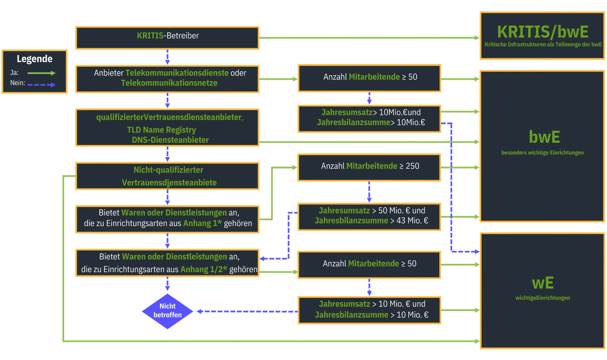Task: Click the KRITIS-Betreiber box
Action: coord(167,38)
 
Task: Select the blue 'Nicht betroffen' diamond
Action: coord(168,311)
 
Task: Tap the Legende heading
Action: coord(35,59)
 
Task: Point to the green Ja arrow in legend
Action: coord(42,73)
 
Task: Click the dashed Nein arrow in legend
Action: coord(42,85)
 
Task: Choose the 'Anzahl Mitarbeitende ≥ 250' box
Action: coord(369,167)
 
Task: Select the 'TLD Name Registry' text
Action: coord(161,130)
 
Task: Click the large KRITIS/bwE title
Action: coord(543,32)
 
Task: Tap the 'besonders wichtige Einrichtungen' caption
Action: coord(542,153)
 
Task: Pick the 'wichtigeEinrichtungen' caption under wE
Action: coord(543,298)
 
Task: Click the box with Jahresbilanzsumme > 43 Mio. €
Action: coord(369,217)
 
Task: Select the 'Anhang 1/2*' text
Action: coord(204,269)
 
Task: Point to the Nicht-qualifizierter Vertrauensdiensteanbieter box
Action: coord(167,176)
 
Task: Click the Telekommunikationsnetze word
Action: coord(169,83)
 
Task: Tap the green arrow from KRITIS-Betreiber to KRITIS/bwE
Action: coord(369,38)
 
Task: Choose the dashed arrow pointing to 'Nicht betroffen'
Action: coord(247,311)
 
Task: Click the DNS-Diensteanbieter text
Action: coord(170,140)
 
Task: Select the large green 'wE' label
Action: coord(543,283)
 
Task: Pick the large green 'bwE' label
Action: coord(544,137)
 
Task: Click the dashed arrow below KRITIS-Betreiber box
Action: coord(168,57)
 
